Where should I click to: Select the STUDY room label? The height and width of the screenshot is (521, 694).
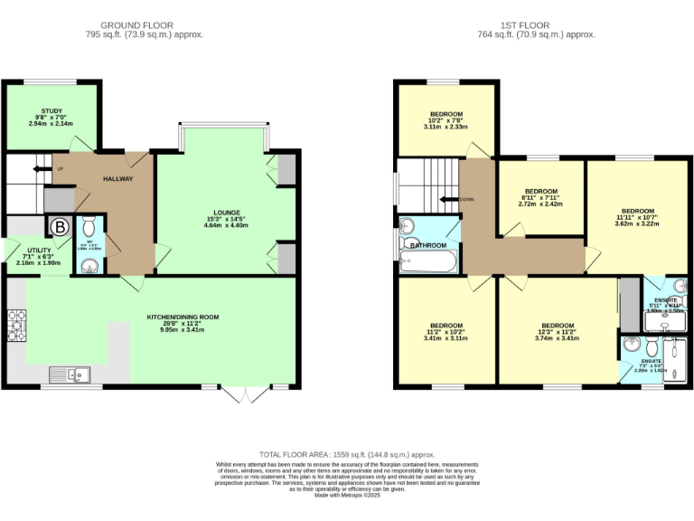(52, 111)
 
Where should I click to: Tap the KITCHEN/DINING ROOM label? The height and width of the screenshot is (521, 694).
(183, 317)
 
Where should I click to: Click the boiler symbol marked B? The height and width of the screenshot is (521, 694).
(59, 226)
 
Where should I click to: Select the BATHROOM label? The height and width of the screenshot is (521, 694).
(428, 245)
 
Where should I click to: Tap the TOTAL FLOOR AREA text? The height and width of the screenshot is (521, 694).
(347, 454)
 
